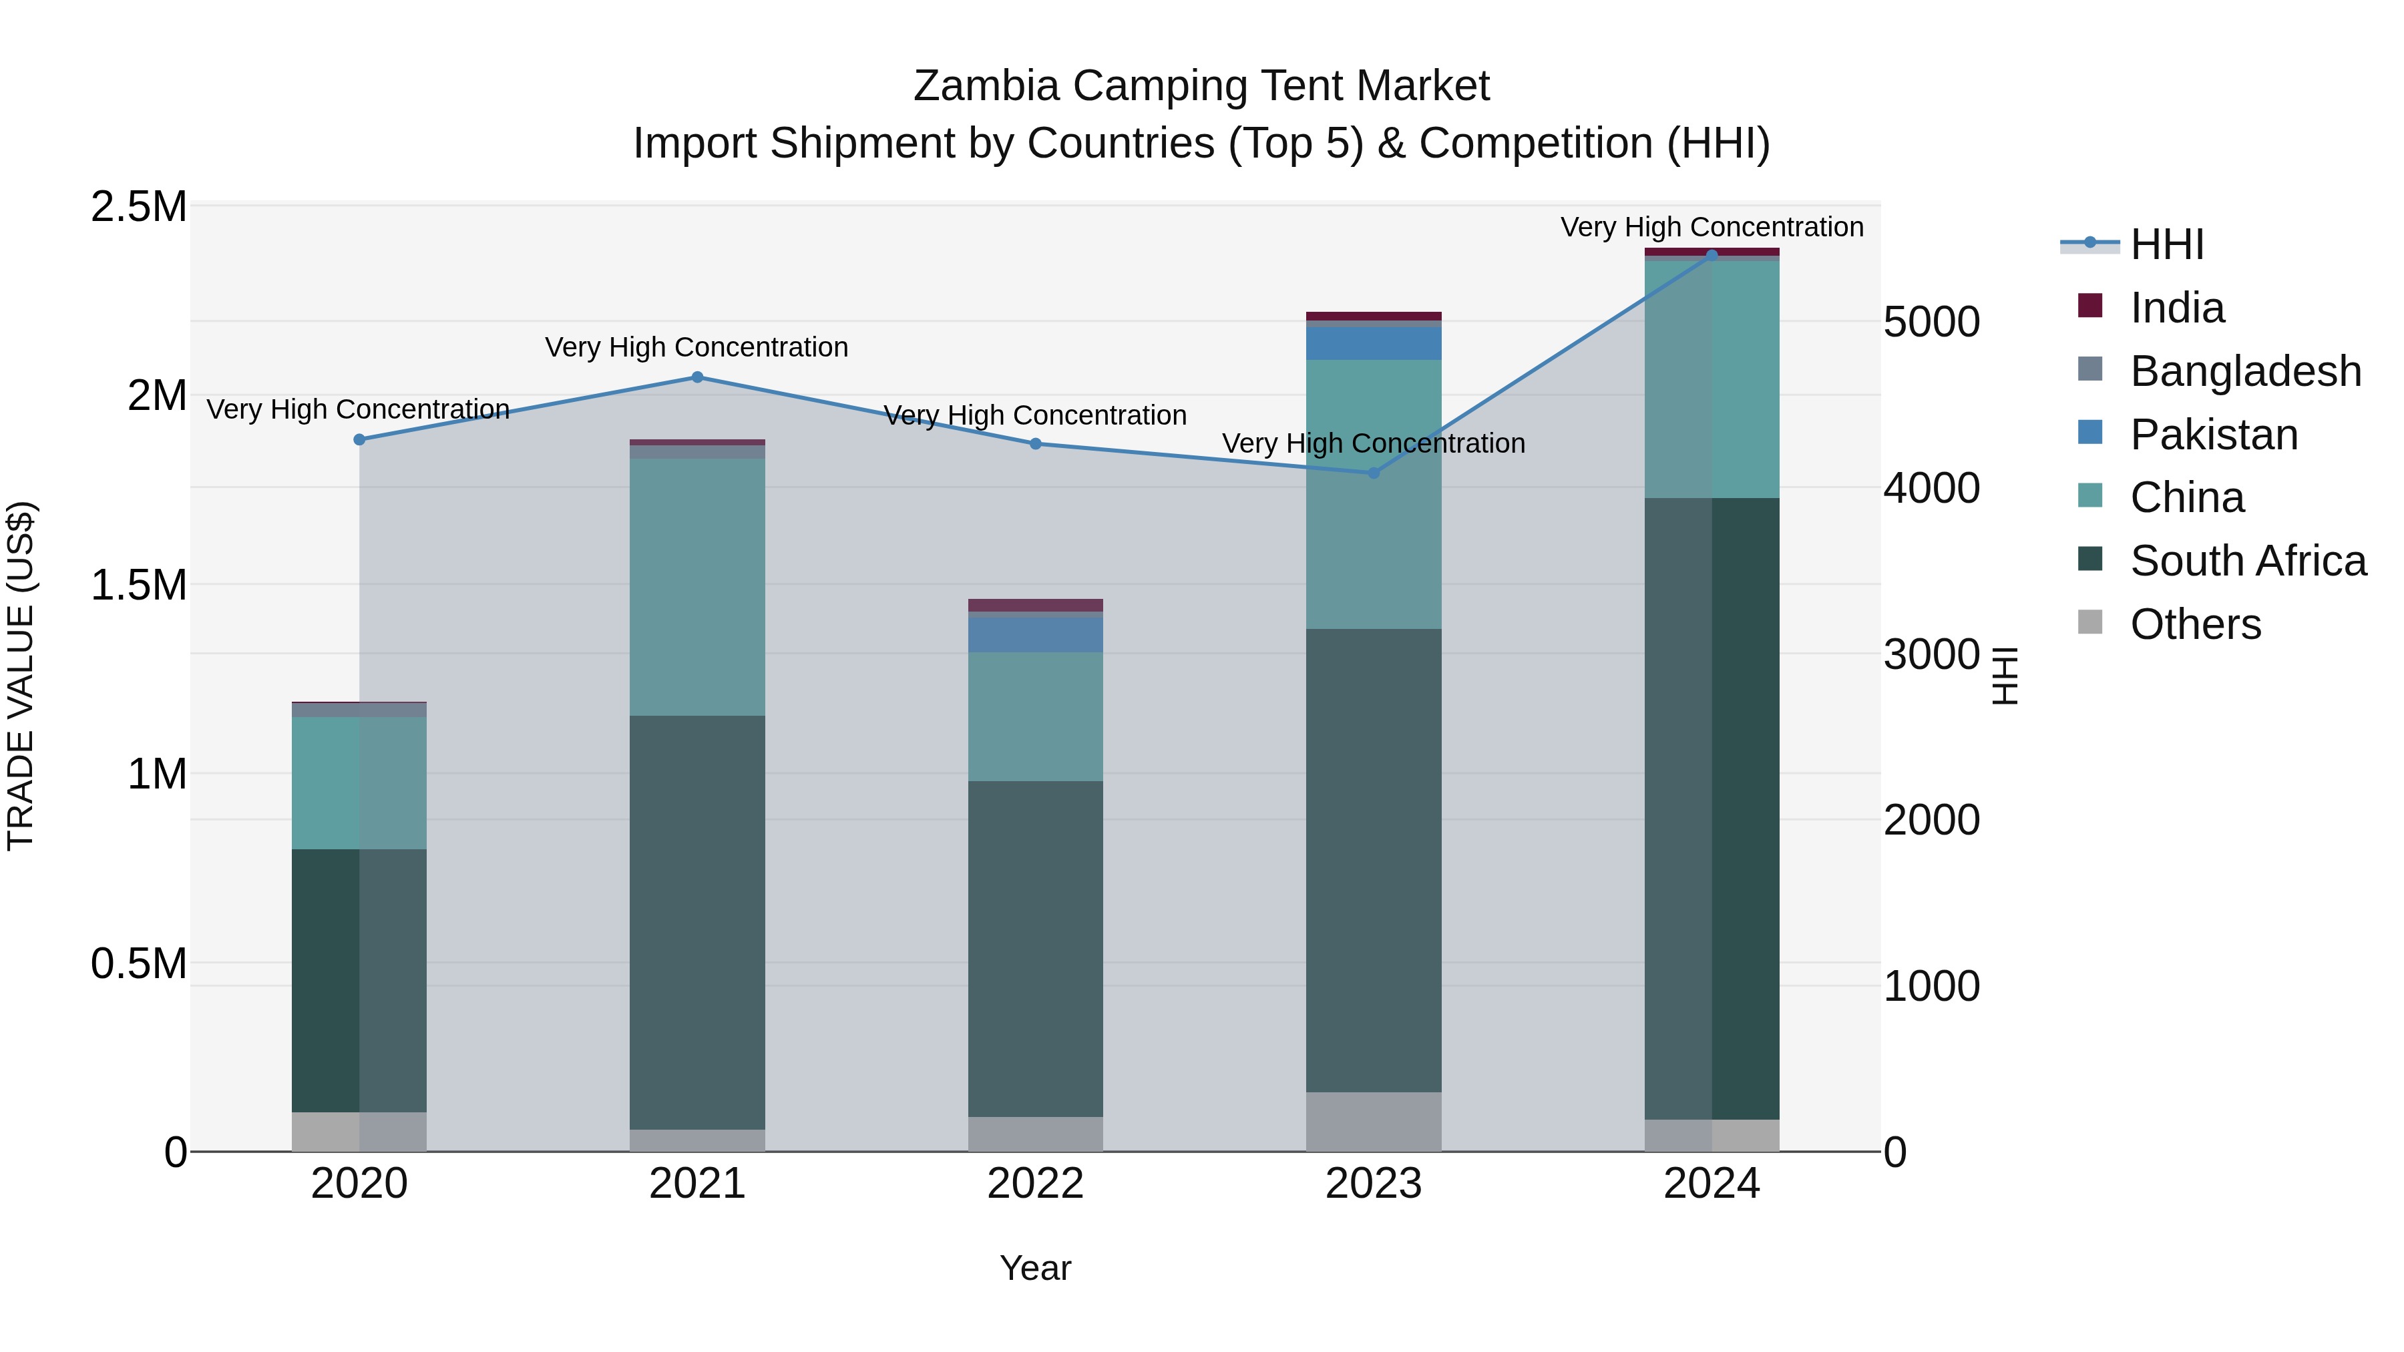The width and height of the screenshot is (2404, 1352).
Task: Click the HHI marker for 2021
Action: (697, 377)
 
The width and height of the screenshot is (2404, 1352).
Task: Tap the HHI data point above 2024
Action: (1712, 255)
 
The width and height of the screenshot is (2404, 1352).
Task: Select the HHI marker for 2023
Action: (1373, 473)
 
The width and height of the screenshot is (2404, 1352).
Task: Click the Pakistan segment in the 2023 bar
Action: (1373, 343)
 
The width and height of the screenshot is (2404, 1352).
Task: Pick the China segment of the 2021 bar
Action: (697, 586)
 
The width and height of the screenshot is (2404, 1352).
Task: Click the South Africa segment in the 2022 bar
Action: (1035, 948)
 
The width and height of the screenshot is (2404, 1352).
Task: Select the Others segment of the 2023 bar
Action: (1373, 1122)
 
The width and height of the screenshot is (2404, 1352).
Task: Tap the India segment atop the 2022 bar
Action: (1035, 605)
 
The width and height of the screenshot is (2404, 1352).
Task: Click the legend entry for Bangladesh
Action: (2245, 371)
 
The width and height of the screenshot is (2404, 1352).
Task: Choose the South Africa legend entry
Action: (2247, 561)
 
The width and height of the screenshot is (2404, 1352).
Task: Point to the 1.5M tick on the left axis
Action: (138, 585)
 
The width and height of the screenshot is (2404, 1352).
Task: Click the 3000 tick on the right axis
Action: (1931, 654)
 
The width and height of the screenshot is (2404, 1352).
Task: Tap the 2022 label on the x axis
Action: (1035, 1184)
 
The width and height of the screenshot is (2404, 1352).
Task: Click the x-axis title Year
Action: (1035, 1268)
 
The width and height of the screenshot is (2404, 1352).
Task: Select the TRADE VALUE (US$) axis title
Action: (21, 676)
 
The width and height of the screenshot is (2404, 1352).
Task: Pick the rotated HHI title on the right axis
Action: (2005, 676)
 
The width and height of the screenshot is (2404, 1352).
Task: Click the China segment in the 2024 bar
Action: (1712, 379)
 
